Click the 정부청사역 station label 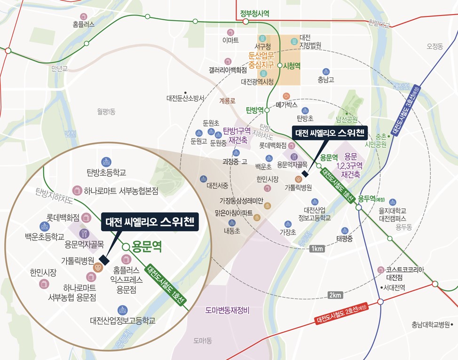254,14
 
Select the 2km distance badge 335,295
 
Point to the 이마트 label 230,40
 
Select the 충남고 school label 326,79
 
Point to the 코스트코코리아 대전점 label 405,273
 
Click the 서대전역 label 394,288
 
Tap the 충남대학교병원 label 431,324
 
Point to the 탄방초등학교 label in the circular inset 107,173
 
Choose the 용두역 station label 366,198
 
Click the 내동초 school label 231,231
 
